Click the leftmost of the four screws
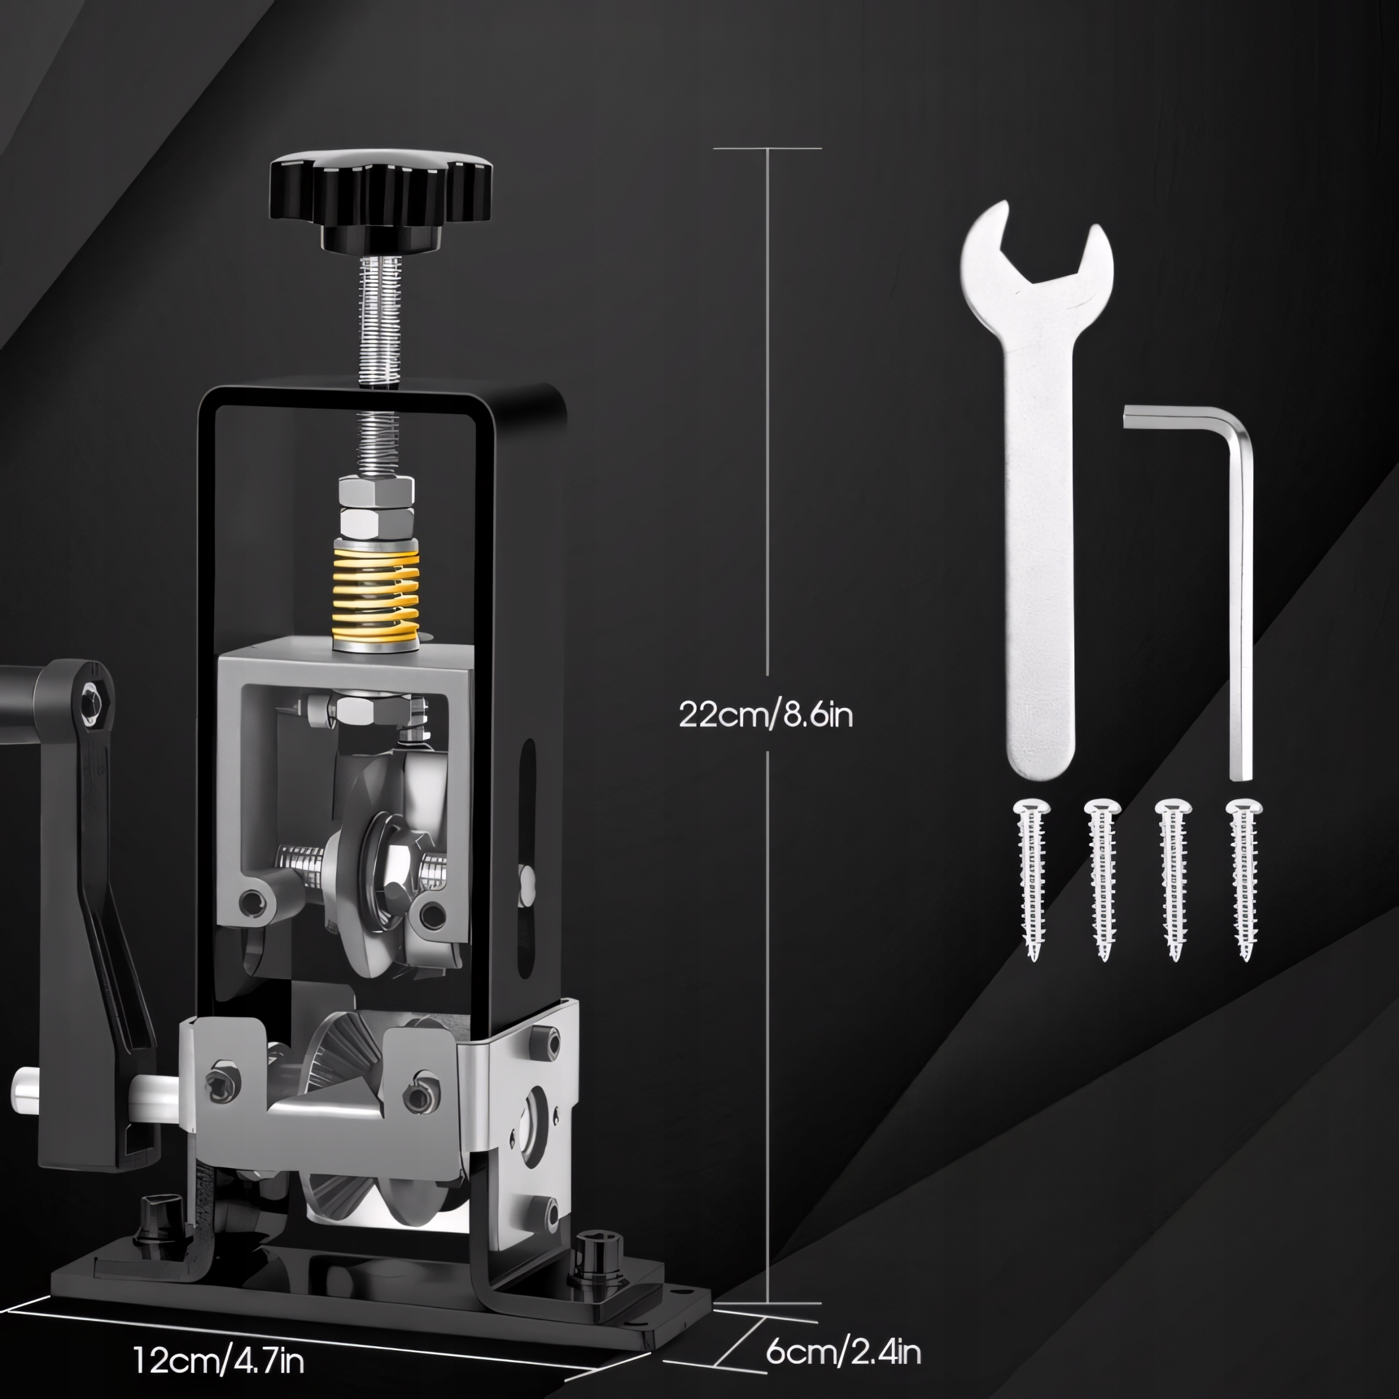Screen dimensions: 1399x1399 tap(1032, 879)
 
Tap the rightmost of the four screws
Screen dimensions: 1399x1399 tap(1244, 879)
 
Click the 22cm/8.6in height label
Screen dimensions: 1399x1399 tap(766, 715)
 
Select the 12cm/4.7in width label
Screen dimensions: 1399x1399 tap(219, 1360)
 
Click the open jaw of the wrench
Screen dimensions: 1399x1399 tap(1037, 250)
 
